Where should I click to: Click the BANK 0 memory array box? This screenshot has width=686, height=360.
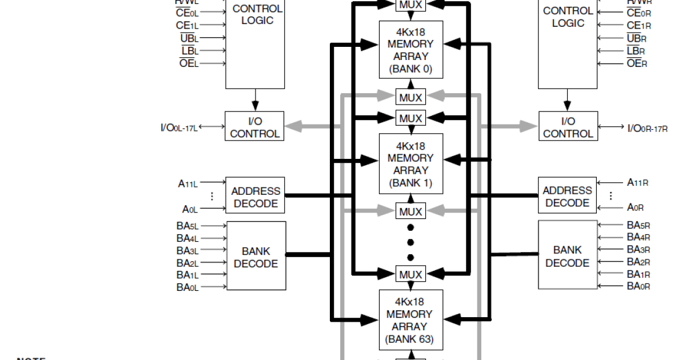pyautogui.click(x=410, y=50)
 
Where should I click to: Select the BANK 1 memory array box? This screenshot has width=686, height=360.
pyautogui.click(x=410, y=163)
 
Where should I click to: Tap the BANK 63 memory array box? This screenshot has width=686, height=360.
pyautogui.click(x=410, y=319)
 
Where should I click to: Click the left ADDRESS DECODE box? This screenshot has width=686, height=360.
pyautogui.click(x=256, y=197)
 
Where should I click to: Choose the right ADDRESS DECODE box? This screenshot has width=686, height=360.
pyautogui.click(x=567, y=196)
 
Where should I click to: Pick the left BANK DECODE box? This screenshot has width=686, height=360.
pyautogui.click(x=256, y=257)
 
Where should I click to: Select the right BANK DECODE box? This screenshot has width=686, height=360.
pyautogui.click(x=567, y=255)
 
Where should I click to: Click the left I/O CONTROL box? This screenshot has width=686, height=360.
pyautogui.click(x=254, y=127)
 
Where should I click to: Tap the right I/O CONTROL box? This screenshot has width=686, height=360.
pyautogui.click(x=568, y=127)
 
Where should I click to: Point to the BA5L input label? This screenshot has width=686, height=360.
pyautogui.click(x=188, y=226)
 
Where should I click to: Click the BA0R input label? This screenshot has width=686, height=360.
pyautogui.click(x=638, y=286)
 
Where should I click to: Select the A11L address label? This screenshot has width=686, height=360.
pyautogui.click(x=188, y=183)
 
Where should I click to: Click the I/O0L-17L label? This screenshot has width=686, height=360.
pyautogui.click(x=179, y=127)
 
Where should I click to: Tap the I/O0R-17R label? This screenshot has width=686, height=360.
pyautogui.click(x=647, y=128)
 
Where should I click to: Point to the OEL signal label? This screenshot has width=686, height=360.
pyautogui.click(x=189, y=63)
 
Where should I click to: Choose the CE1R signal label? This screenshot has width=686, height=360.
pyautogui.click(x=639, y=25)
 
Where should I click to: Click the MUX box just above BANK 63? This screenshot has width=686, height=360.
pyautogui.click(x=410, y=275)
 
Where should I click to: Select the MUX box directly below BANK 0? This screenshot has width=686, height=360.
pyautogui.click(x=410, y=98)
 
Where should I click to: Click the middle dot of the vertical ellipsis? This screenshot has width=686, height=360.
pyautogui.click(x=410, y=242)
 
